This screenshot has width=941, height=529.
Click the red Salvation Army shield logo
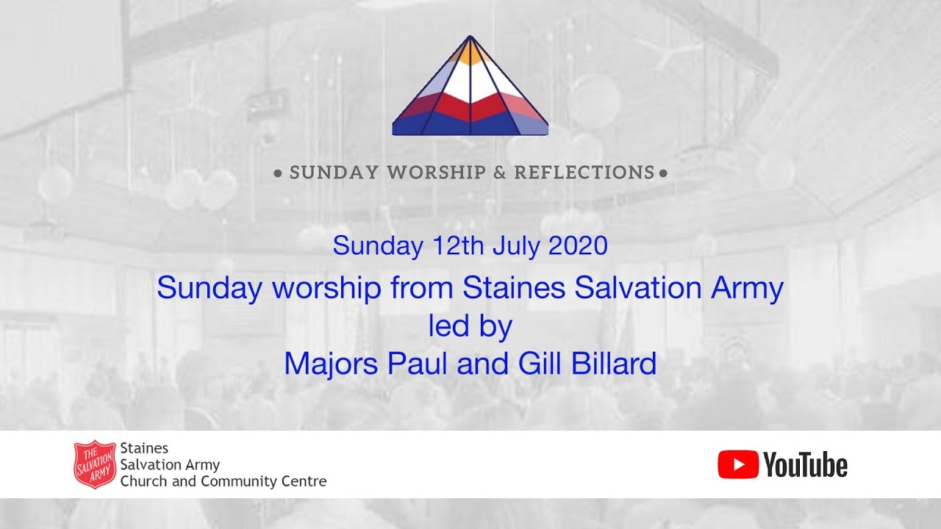point(95,464)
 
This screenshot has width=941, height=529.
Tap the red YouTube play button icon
point(737,464)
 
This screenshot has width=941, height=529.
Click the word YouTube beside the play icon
point(805,465)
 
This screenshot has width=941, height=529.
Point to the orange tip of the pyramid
point(470,51)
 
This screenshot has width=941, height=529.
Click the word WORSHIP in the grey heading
point(437,173)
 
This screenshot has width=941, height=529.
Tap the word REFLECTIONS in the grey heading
point(584,173)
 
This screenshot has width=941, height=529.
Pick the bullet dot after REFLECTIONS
point(664,174)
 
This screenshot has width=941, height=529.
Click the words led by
point(470,326)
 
